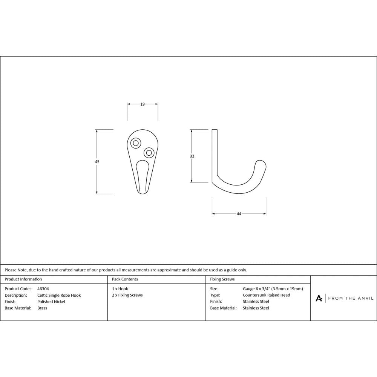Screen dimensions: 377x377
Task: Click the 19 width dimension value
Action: [143, 104]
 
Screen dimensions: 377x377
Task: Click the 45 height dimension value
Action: [97, 161]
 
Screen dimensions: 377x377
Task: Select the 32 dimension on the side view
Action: [192, 156]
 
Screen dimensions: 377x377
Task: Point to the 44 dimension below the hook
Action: [239, 214]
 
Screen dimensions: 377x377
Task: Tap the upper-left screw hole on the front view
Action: [135, 143]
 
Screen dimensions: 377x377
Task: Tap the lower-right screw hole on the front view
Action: [149, 153]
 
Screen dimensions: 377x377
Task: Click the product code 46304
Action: [43, 289]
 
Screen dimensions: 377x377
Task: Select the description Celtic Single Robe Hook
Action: [59, 295]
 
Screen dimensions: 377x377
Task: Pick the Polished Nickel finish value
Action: [51, 302]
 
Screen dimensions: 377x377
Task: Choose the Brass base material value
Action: [42, 308]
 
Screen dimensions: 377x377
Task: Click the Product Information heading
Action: [23, 279]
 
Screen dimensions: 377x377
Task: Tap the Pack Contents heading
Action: [125, 279]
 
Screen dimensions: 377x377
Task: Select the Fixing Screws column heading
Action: [222, 279]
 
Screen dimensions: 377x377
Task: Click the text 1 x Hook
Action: [120, 289]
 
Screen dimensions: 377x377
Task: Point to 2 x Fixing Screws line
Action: [127, 295]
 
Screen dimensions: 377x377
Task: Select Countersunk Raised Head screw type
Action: [266, 295]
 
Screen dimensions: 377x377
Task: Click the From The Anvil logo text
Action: [351, 298]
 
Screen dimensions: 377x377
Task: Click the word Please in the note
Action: [11, 270]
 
